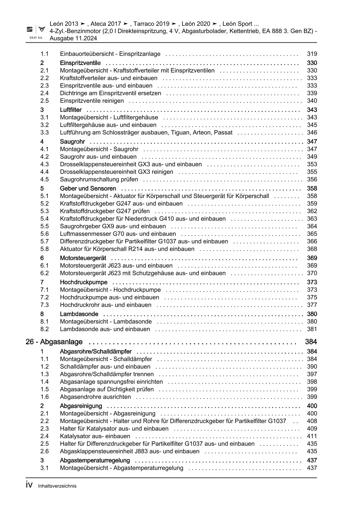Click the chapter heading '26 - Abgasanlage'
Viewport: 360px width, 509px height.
coord(54,342)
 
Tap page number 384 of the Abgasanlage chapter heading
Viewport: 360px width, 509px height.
coord(311,342)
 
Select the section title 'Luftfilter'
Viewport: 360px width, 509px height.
coord(71,110)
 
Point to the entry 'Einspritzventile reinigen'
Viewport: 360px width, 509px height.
coord(92,101)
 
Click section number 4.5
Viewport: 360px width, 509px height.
coord(44,179)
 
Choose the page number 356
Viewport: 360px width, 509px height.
coord(312,179)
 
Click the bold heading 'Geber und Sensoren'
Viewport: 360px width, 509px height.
coord(88,188)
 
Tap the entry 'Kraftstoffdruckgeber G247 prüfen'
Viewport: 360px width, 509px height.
coord(105,211)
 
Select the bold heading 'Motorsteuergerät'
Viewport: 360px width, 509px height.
coord(83,258)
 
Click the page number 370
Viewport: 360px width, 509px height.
coord(312,273)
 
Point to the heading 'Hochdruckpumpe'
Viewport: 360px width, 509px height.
coord(84,282)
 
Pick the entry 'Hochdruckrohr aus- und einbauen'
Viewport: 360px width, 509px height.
coord(106,305)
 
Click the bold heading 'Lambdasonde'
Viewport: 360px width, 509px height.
coord(79,314)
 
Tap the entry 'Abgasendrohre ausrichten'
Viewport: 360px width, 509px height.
coord(95,397)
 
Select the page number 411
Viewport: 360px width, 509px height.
coord(312,436)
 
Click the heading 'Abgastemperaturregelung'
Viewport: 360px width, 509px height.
coord(95,461)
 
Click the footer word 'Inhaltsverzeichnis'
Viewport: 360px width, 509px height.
coord(57,486)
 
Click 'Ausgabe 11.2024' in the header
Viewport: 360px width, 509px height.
coord(73,38)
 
